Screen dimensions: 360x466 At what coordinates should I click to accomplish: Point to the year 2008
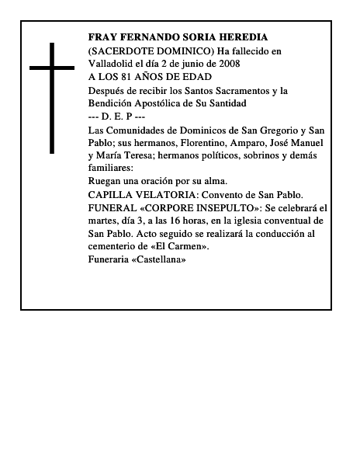229,64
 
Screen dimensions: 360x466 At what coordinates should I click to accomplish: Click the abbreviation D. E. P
118,116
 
